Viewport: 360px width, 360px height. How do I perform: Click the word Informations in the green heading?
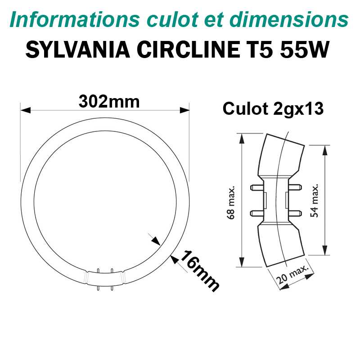point(75,19)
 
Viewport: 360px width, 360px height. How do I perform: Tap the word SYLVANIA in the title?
point(78,49)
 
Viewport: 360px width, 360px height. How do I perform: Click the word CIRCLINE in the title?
point(189,49)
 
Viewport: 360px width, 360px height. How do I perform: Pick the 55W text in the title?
point(305,49)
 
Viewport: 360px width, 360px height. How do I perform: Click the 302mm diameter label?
point(109,102)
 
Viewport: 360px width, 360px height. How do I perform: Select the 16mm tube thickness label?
point(199,271)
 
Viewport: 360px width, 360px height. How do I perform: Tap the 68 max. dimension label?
point(231,202)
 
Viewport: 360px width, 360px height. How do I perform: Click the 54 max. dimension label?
point(314,200)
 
